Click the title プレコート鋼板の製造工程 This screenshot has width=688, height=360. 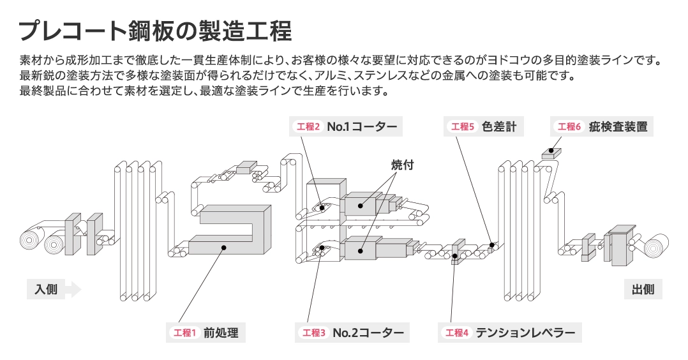[155, 30]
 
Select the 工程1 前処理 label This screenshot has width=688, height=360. [206, 333]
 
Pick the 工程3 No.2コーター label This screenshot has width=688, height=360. [352, 333]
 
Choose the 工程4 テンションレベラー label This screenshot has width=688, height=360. [511, 333]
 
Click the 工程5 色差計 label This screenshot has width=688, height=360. [484, 126]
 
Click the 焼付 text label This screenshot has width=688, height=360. [403, 165]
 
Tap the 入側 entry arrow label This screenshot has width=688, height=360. [54, 289]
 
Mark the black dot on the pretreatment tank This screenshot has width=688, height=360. [223, 247]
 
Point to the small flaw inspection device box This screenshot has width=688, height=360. [551, 152]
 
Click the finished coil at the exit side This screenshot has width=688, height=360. [654, 246]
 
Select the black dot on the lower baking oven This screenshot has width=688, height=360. [361, 251]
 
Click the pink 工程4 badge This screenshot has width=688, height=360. [457, 333]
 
